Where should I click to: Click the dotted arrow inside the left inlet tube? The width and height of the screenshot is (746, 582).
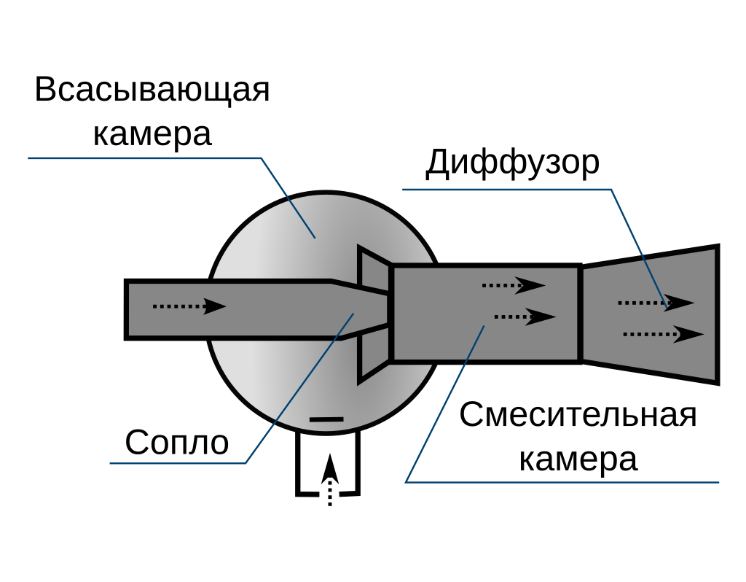pyautogui.click(x=189, y=306)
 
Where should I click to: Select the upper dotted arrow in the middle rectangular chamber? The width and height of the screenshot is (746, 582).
pyautogui.click(x=513, y=285)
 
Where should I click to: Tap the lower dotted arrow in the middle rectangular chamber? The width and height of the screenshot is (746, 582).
pyautogui.click(x=525, y=317)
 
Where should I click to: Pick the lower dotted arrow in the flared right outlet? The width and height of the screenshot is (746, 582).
pyautogui.click(x=663, y=334)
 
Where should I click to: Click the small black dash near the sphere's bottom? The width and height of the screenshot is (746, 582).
pyautogui.click(x=326, y=419)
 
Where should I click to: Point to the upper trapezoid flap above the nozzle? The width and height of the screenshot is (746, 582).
pyautogui.click(x=373, y=269)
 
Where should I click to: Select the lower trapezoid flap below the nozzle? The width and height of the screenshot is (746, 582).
pyautogui.click(x=373, y=354)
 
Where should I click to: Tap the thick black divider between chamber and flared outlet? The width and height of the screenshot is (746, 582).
pyautogui.click(x=580, y=314)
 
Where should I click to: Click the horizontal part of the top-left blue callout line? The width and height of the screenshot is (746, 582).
pyautogui.click(x=146, y=158)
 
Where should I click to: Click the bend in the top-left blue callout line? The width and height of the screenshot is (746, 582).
pyautogui.click(x=262, y=158)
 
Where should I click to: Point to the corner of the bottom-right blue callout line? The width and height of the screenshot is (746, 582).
pyautogui.click(x=407, y=481)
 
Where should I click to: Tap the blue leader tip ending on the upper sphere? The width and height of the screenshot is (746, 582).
pyautogui.click(x=315, y=237)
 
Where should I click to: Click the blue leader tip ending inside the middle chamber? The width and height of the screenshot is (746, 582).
pyautogui.click(x=484, y=327)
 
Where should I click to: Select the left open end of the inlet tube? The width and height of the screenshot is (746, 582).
pyautogui.click(x=130, y=309)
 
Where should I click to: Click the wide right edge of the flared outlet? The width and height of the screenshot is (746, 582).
pyautogui.click(x=714, y=314)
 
